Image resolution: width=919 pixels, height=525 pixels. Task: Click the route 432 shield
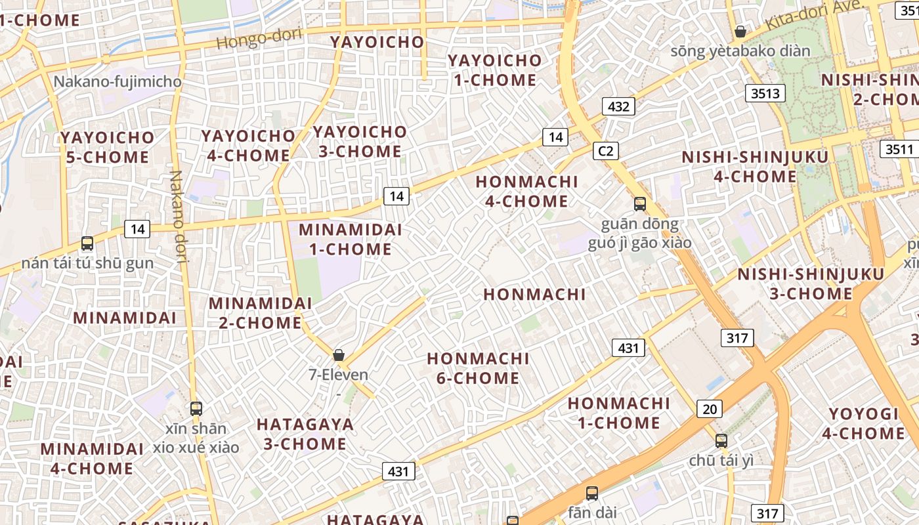tap(618, 106)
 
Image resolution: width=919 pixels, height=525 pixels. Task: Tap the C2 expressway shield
tap(605, 151)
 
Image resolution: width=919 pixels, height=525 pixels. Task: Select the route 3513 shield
tap(765, 93)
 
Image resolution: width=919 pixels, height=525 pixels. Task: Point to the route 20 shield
tap(709, 409)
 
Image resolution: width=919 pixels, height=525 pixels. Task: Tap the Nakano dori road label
tap(179, 217)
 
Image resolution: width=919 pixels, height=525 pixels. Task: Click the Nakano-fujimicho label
tap(118, 82)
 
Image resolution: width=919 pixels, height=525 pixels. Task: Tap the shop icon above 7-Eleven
tap(339, 355)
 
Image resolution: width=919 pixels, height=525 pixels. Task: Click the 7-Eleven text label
tap(339, 375)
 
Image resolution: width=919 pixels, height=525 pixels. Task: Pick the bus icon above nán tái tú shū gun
tap(87, 243)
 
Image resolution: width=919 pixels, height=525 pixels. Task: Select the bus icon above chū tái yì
tap(721, 441)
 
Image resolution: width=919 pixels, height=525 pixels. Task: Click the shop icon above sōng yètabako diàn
tap(740, 31)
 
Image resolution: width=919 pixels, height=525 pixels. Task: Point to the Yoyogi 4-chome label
tap(863, 423)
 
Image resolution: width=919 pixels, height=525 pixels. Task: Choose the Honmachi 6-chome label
tap(478, 368)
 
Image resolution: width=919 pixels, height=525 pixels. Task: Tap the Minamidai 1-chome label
tap(351, 240)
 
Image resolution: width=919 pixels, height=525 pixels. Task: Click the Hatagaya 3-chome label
tap(305, 434)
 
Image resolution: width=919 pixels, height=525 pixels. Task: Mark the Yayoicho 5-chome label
tap(108, 148)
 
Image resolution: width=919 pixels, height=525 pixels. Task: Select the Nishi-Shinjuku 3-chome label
tap(811, 283)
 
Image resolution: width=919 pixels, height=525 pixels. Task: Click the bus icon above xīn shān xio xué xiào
tap(196, 409)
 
